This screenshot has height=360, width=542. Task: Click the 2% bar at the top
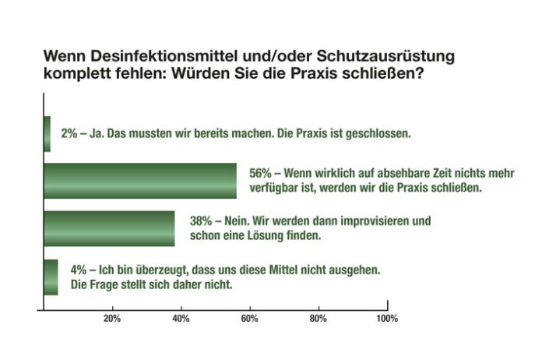(47, 133)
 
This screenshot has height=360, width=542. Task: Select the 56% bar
(140, 181)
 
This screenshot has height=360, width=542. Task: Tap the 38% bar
(109, 228)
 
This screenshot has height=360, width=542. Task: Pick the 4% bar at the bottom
(51, 277)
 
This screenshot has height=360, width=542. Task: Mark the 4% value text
(77, 270)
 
